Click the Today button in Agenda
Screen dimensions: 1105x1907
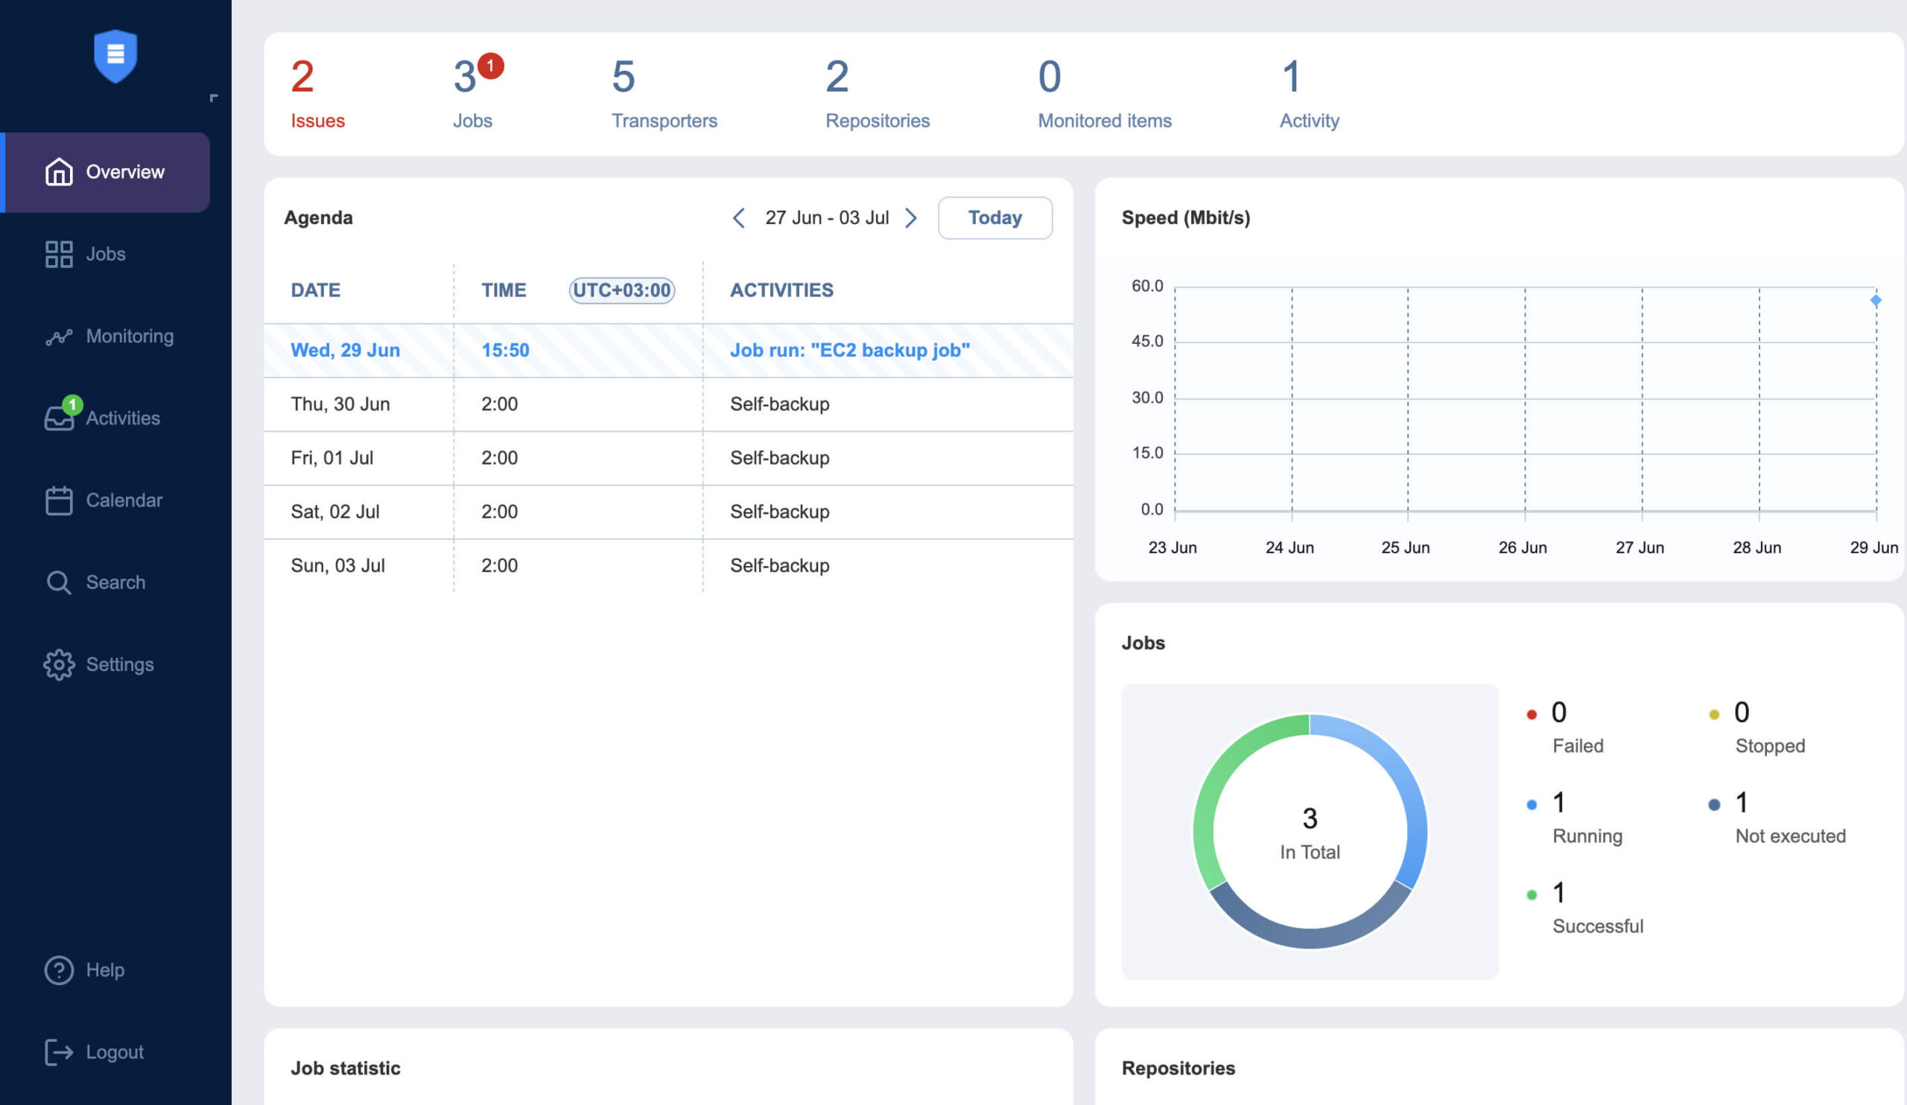[x=994, y=218]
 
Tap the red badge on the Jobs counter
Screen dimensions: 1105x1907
[x=490, y=66]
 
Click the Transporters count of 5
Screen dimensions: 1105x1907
[x=623, y=77]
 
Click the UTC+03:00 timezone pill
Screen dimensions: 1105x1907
[x=621, y=290]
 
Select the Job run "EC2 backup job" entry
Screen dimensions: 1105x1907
[x=849, y=350]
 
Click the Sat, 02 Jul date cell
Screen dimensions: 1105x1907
[x=335, y=512]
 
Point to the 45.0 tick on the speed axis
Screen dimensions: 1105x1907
[x=1146, y=341]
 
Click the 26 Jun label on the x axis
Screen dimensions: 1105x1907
[x=1522, y=547]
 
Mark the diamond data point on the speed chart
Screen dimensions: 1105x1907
[x=1875, y=300]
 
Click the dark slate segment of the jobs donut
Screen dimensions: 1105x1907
[x=1309, y=937]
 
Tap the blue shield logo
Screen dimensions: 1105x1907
[x=115, y=55]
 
